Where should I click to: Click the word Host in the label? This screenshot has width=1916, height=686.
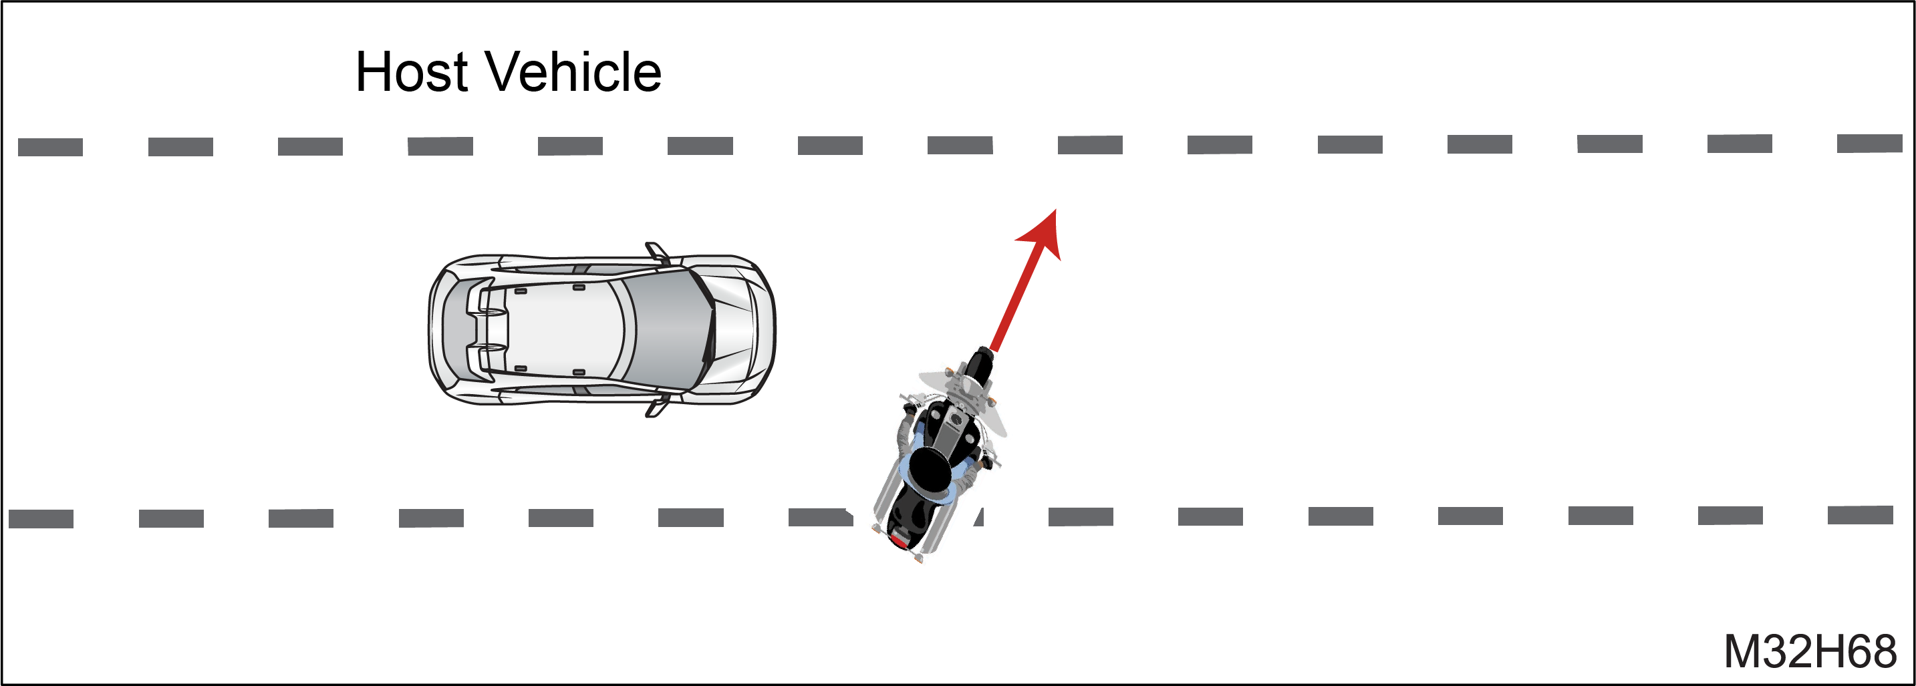click(x=411, y=72)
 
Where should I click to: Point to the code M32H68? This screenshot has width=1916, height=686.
click(x=1811, y=652)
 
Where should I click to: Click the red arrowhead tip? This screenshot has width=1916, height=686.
click(x=1055, y=210)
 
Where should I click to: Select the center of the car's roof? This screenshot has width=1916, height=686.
click(x=561, y=329)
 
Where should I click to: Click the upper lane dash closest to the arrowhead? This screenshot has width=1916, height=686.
click(x=1089, y=145)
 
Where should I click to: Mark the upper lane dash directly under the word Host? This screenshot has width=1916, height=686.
click(x=440, y=146)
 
